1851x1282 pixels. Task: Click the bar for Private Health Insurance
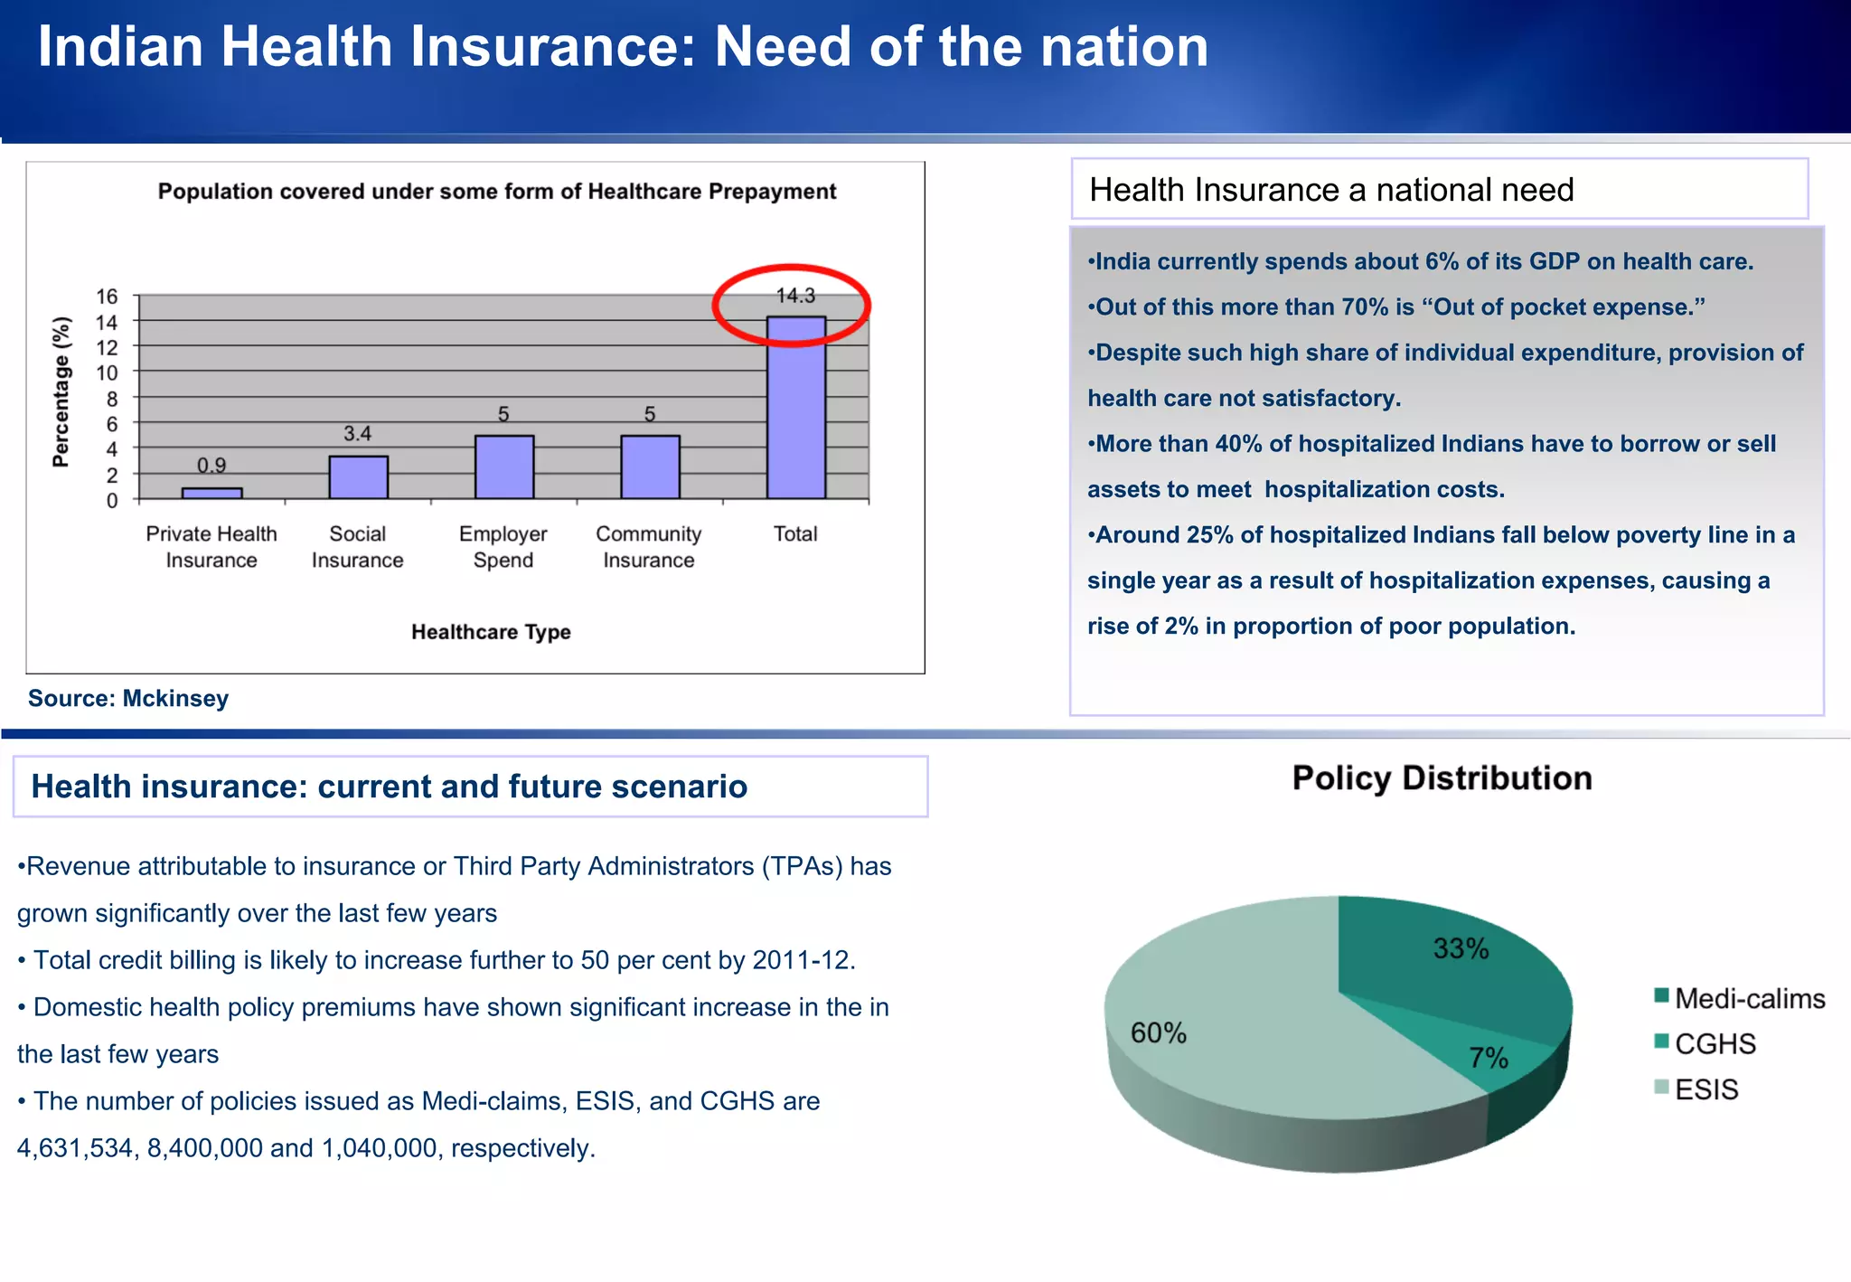tap(211, 493)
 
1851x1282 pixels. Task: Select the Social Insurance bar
tap(358, 477)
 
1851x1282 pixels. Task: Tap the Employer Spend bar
tap(503, 467)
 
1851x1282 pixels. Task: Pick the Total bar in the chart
tap(795, 409)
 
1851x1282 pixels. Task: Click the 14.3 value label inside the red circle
tap(795, 296)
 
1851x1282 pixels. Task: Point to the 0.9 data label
tap(211, 465)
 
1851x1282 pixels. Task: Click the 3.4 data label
tap(357, 433)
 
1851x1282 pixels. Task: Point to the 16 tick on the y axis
tap(107, 297)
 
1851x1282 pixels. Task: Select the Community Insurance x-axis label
tap(648, 547)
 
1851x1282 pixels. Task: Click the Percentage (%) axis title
tap(61, 391)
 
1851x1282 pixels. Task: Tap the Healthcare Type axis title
tap(491, 632)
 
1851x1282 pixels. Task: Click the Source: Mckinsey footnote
tap(127, 698)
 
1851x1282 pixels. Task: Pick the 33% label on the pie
tap(1461, 948)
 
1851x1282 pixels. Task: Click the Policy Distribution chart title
tap(1442, 778)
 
